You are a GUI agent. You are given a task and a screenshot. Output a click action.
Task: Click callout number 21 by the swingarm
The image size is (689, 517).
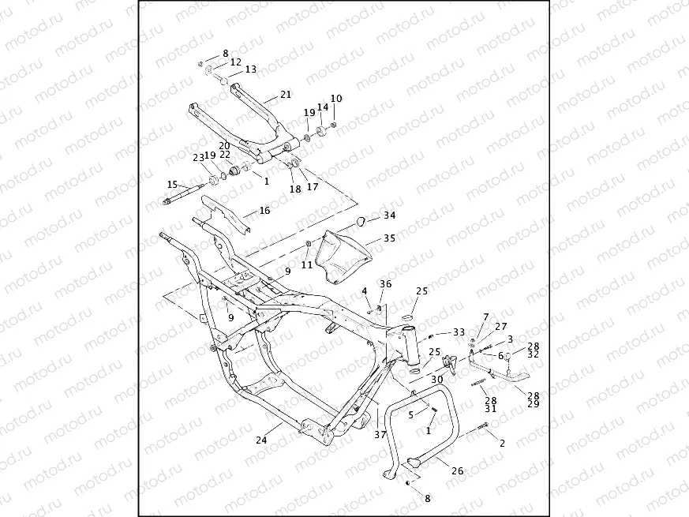click(286, 94)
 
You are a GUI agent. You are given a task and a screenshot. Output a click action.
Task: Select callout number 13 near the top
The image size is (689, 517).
click(250, 69)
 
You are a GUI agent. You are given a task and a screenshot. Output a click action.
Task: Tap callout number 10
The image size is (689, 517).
click(336, 99)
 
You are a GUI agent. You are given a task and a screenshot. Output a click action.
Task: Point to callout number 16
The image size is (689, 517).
click(264, 211)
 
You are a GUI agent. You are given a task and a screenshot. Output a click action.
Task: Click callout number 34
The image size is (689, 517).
click(390, 215)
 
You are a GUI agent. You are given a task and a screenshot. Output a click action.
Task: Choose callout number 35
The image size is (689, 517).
click(390, 238)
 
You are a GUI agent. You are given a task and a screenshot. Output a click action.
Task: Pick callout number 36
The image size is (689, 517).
click(385, 284)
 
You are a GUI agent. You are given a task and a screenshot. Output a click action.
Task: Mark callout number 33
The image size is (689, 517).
click(459, 332)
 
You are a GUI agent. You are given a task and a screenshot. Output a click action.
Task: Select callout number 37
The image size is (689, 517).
click(380, 435)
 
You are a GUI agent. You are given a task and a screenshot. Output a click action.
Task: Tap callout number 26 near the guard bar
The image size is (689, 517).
click(457, 471)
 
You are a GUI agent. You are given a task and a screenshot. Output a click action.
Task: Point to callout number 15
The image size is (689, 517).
click(172, 185)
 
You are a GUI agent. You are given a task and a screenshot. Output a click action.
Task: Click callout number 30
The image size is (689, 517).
click(436, 379)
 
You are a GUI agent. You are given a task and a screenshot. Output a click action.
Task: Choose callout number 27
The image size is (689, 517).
click(501, 326)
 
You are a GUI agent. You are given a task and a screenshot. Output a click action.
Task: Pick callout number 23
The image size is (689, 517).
click(197, 156)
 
